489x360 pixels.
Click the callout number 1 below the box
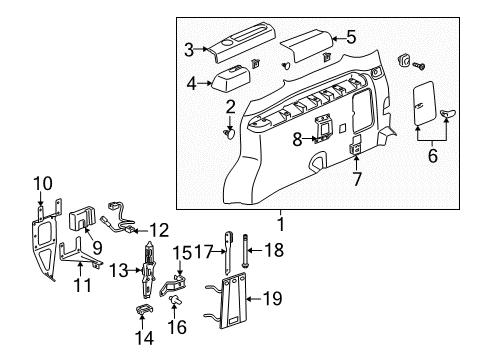tap(280, 226)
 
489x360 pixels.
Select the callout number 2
tap(230, 107)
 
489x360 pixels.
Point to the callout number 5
tap(350, 38)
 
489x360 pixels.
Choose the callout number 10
tap(41, 182)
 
